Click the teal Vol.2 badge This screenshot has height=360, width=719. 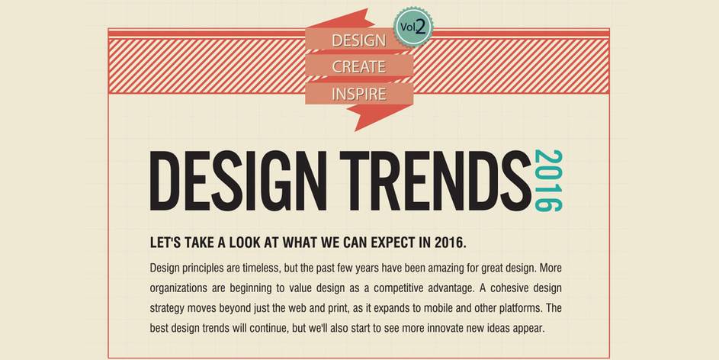tap(413, 27)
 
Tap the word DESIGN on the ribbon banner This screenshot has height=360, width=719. tap(358, 40)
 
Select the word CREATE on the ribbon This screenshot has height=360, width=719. tap(358, 67)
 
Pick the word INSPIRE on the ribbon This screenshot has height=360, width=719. tap(358, 94)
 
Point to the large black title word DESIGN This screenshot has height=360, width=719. tap(238, 181)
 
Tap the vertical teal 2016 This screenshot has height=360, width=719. tap(548, 181)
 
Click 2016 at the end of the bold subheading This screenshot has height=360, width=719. tap(451, 243)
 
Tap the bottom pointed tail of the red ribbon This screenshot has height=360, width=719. tap(356, 130)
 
